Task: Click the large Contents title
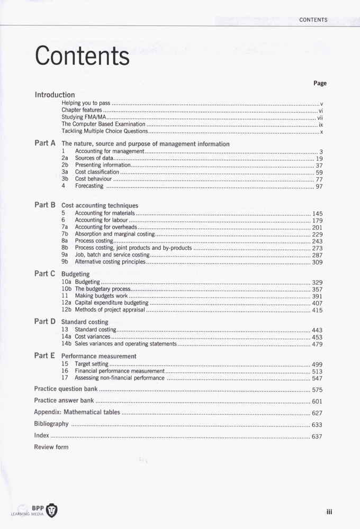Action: coord(82,56)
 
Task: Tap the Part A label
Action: coord(45,143)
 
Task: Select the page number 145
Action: coord(317,214)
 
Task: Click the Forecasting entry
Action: coord(89,186)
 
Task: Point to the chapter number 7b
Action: coord(65,234)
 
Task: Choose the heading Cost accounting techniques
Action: coord(100,205)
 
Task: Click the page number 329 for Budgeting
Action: coord(317,282)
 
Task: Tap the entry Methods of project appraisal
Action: coord(110,310)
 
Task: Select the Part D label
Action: coord(45,321)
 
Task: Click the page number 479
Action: coord(317,344)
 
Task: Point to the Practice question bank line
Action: coord(66,389)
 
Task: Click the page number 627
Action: coord(317,413)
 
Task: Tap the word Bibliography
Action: coord(51,424)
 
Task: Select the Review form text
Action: coord(51,447)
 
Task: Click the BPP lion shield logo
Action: coord(52,510)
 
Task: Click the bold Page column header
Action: coord(320,83)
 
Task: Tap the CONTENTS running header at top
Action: coord(313,20)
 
